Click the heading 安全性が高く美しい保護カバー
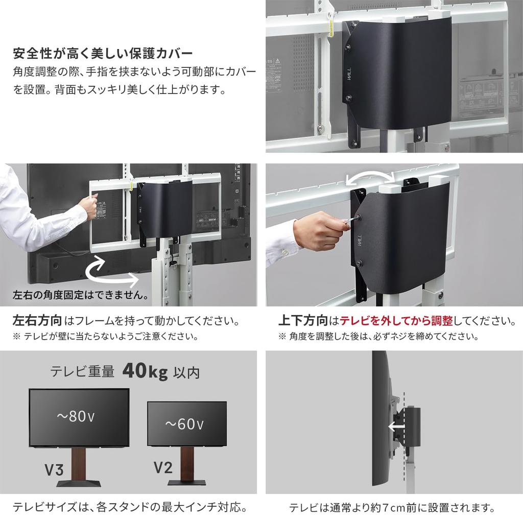click(x=103, y=54)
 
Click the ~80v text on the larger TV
click(x=75, y=417)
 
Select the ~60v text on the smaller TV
click(x=185, y=424)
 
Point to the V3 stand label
click(x=54, y=470)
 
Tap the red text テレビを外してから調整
click(x=396, y=321)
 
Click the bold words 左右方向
click(x=37, y=321)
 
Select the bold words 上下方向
click(x=302, y=321)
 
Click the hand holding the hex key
click(x=325, y=231)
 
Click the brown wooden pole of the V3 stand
click(x=79, y=464)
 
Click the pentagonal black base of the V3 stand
click(x=79, y=485)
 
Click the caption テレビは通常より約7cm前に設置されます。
click(x=392, y=508)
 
